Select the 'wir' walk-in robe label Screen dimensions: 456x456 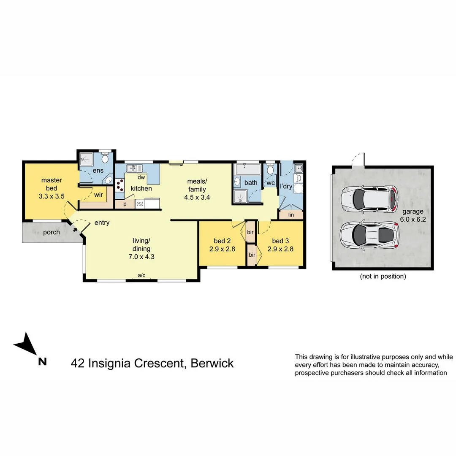pos(99,195)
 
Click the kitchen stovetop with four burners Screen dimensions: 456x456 pos(120,185)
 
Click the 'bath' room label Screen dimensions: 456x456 pos(251,183)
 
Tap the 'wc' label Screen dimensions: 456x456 pos(270,183)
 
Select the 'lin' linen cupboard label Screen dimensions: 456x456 pos(291,215)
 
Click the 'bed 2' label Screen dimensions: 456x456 pos(222,241)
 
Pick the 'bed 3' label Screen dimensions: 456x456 pos(281,241)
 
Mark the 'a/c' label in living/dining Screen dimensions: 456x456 pos(142,275)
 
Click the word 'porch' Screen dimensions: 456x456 pos(52,232)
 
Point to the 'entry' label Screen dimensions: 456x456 pos(102,223)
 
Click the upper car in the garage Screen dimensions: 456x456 pos(369,198)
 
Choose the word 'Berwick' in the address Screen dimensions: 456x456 pos(212,363)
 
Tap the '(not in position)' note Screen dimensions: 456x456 pos(383,277)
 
